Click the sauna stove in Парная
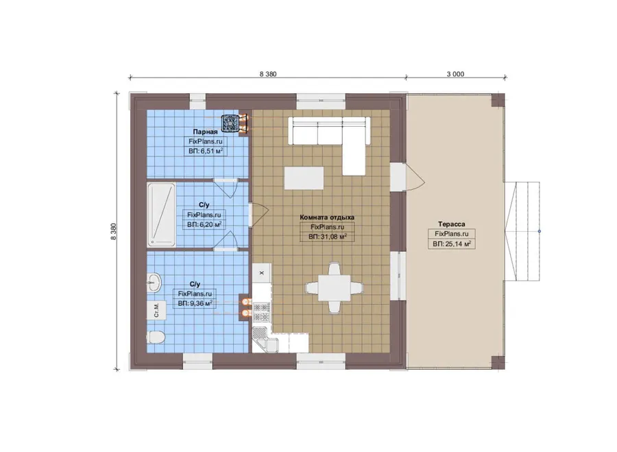click(x=228, y=123)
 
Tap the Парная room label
click(x=205, y=132)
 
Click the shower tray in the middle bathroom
click(x=161, y=215)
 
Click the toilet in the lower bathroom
click(x=156, y=337)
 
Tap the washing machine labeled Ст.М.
click(x=156, y=310)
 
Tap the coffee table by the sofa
click(x=304, y=178)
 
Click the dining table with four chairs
click(x=335, y=288)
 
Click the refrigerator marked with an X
click(x=261, y=272)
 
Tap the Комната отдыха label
click(x=327, y=217)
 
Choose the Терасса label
click(x=451, y=224)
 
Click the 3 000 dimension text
click(x=455, y=73)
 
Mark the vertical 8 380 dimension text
click(x=113, y=232)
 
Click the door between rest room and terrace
click(x=409, y=177)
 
